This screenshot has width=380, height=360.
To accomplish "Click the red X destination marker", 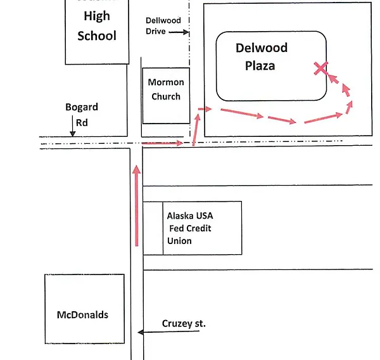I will coord(322,68).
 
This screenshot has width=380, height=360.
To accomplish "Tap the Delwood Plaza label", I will coord(261,56).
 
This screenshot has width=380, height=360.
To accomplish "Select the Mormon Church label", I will coord(165,89).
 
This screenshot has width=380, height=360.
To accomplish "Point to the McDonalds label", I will coord(82,314).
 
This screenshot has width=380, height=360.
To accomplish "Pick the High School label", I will coord(97,25).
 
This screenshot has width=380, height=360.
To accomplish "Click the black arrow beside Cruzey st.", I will coord(152,331).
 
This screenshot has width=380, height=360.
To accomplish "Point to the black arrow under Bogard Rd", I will coord(73,129).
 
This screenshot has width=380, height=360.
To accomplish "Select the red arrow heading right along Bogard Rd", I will coord(164,144).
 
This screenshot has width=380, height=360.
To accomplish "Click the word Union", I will coord(179,241).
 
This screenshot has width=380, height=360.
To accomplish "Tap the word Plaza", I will coord(260,65).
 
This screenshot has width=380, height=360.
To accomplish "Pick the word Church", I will coord(165,96).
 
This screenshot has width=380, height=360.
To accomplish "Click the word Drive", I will coord(156,31).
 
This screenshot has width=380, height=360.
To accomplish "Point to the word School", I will coord(97,35).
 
